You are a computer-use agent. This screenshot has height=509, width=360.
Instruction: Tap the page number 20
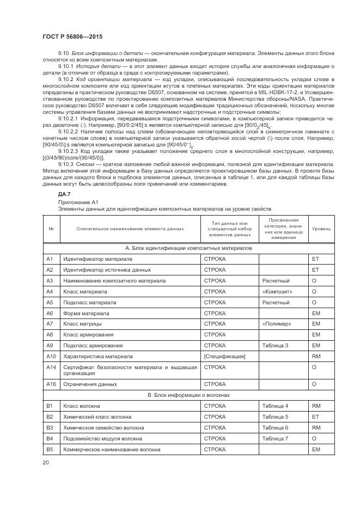tap(46, 463)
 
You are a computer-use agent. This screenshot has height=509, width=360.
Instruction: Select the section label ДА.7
tap(64, 194)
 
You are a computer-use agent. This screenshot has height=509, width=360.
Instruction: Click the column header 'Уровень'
tap(321, 229)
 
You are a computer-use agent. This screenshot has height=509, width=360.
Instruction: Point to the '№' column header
tap(51, 229)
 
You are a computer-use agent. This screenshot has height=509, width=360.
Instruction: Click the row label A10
tap(51, 356)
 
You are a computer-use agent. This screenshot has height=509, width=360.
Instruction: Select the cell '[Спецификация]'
tap(224, 356)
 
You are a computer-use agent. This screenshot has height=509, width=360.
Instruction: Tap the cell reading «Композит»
tap(277, 291)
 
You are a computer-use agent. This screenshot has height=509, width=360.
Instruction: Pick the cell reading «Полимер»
tap(277, 324)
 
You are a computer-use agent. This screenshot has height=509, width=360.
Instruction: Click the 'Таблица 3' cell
tap(275, 345)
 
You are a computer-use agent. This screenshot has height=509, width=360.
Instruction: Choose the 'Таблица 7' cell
tap(275, 438)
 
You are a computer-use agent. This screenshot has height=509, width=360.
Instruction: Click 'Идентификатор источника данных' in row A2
tap(107, 269)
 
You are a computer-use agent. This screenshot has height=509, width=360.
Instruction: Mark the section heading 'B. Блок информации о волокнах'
tap(189, 395)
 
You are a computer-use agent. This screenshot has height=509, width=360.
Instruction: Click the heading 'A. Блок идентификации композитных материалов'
tap(189, 248)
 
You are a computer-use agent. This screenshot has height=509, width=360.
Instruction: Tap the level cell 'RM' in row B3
tap(315, 427)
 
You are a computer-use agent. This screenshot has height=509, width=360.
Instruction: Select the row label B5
tap(50, 449)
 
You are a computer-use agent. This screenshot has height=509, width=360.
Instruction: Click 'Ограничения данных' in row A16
tap(90, 384)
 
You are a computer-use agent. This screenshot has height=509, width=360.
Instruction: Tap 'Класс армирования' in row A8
tap(88, 334)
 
